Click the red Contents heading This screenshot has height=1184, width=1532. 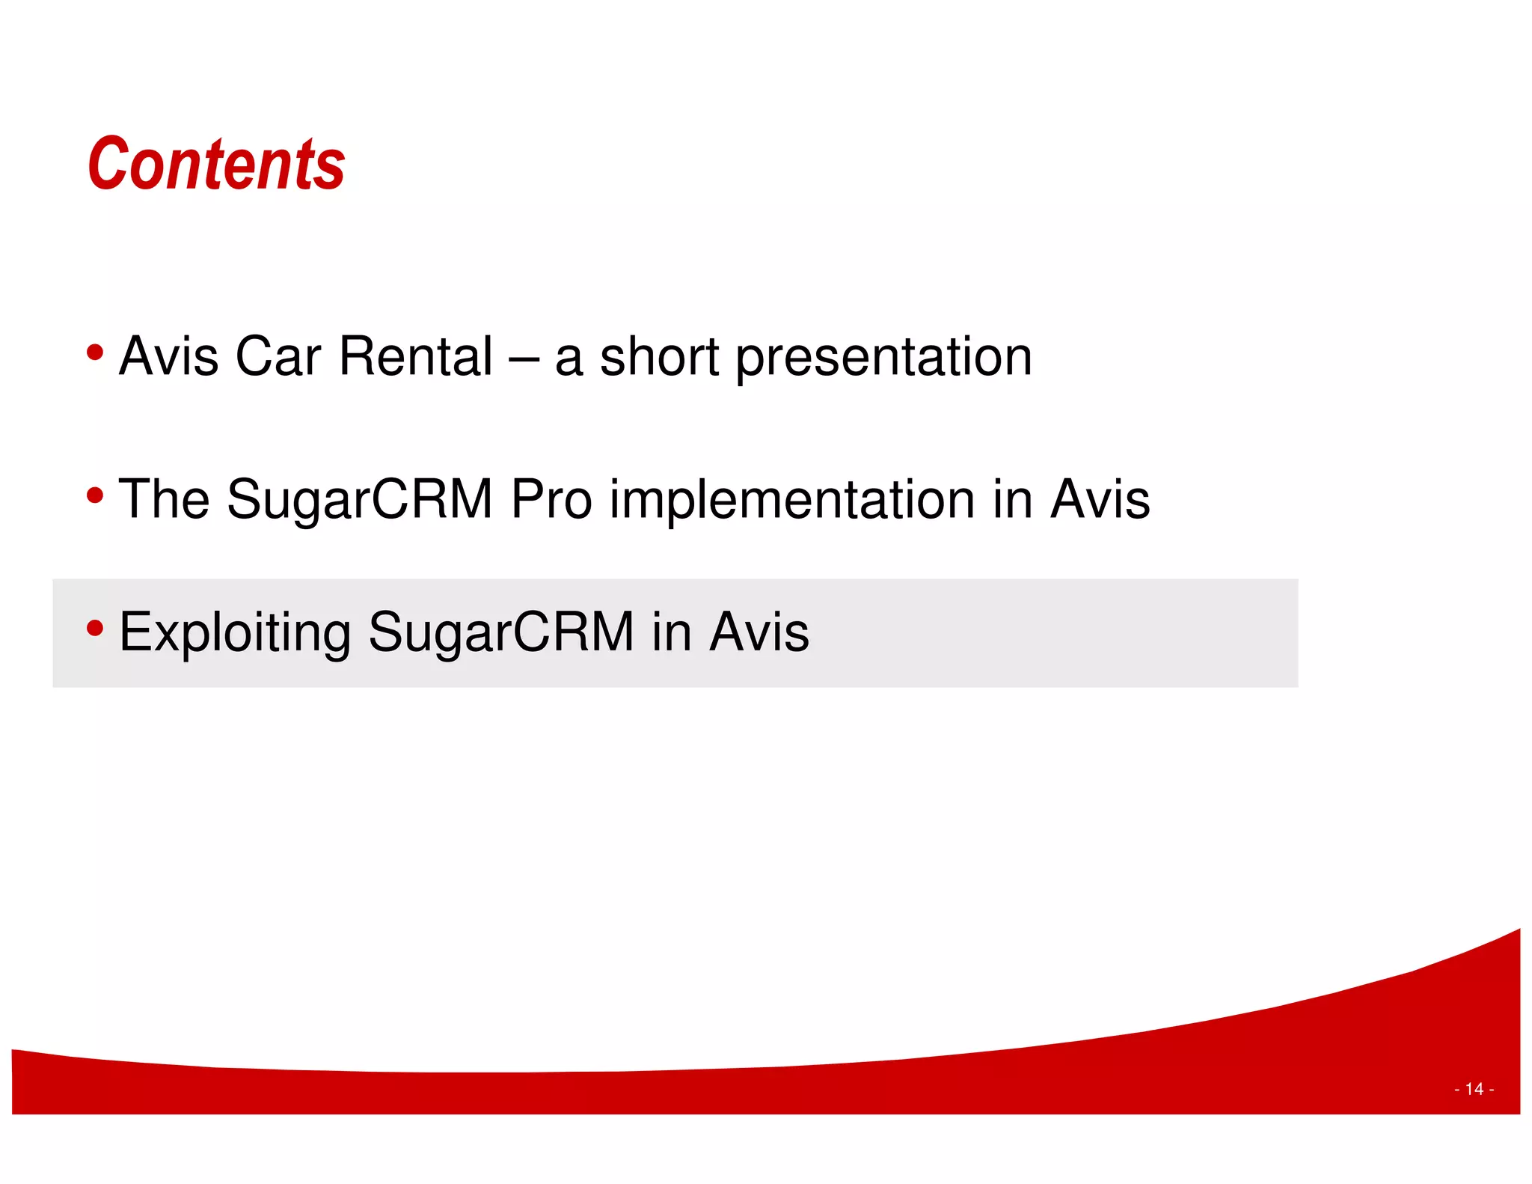216,165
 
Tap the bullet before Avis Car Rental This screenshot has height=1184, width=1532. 94,352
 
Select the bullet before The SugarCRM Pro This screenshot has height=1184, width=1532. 94,495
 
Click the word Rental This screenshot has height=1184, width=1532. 415,356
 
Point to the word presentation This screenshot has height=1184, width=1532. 883,358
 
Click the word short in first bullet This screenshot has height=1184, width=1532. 659,356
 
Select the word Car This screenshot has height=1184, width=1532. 278,356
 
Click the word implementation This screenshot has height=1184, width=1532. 792,500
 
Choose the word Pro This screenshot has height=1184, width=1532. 551,499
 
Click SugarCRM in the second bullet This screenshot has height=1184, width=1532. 359,500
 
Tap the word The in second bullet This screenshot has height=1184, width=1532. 164,499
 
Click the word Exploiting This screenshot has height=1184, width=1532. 234,633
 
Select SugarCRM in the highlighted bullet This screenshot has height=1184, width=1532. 500,633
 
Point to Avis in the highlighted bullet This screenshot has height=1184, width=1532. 759,632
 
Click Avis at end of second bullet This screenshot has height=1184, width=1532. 1100,499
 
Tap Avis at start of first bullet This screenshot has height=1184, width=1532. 169,356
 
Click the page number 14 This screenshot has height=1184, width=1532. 1474,1089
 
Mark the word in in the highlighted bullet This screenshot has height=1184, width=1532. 671,632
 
